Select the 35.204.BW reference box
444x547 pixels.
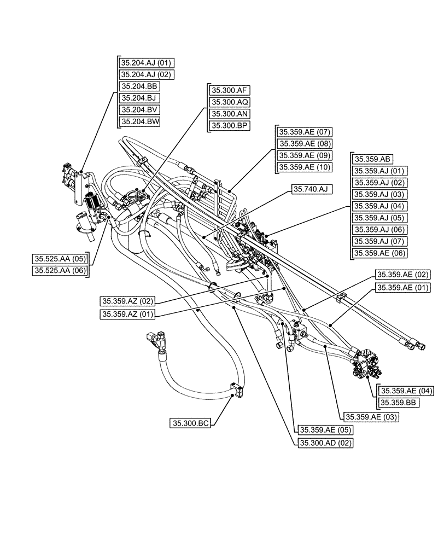140,122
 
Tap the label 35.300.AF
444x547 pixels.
228,90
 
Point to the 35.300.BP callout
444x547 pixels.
228,126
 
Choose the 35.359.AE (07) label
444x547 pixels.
305,132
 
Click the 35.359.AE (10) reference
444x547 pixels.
305,167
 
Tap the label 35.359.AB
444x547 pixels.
372,159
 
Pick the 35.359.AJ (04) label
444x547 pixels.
379,206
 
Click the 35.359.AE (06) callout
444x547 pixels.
379,253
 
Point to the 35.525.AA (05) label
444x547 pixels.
60,259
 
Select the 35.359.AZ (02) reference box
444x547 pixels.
127,301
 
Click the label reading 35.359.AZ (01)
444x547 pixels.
127,314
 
